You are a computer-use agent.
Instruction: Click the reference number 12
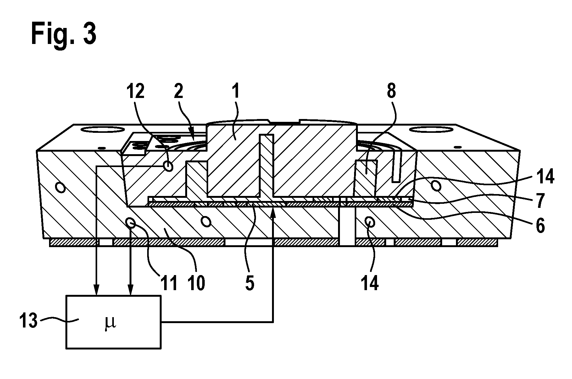pyautogui.click(x=135, y=91)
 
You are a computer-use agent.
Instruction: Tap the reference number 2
pyautogui.click(x=179, y=92)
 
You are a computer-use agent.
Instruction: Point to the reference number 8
pyautogui.click(x=391, y=91)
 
